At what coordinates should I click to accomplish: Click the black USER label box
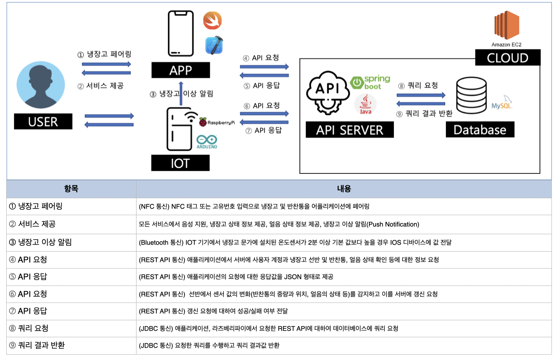43,122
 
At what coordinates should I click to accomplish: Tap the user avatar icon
41,85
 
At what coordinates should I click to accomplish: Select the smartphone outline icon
181,34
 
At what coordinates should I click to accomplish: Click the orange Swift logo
213,21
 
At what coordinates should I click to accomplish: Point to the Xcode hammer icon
215,45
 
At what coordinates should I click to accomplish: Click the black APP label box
180,70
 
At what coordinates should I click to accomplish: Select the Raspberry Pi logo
203,122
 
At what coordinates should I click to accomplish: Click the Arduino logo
207,142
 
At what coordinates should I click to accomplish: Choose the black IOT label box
180,163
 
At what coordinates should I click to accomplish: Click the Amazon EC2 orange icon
506,25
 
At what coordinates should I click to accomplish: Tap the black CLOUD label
508,58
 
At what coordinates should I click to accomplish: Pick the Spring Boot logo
370,82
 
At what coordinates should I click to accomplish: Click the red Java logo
365,104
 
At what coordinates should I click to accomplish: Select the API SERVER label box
350,130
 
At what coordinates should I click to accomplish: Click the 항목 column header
71,189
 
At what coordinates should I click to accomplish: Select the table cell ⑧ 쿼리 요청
71,328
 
